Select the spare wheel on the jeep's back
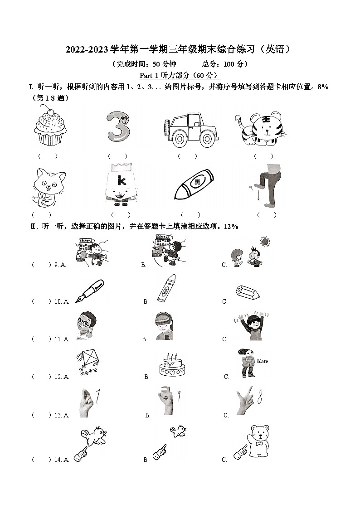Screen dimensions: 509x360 (x=167, y=126)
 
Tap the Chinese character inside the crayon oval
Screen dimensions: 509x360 (x=197, y=183)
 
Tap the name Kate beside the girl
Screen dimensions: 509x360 (x=262, y=361)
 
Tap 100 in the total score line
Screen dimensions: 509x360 (x=229, y=64)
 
